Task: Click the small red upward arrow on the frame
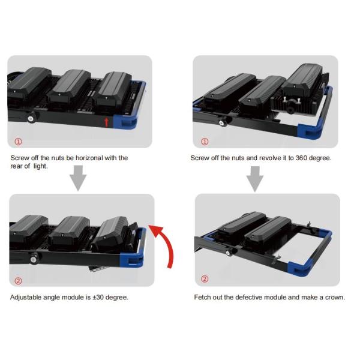pos(106,122)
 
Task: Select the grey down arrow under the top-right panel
pos(255,179)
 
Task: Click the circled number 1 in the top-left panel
pos(19,142)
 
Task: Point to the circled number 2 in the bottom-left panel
pos(19,281)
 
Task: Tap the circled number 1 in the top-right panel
pos(205,142)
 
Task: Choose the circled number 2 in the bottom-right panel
pos(205,279)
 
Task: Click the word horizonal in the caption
pos(89,158)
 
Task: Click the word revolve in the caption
pos(270,158)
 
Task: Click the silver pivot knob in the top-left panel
pos(31,118)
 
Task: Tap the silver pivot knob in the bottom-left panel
pos(33,259)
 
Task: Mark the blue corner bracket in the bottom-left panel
pos(133,257)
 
